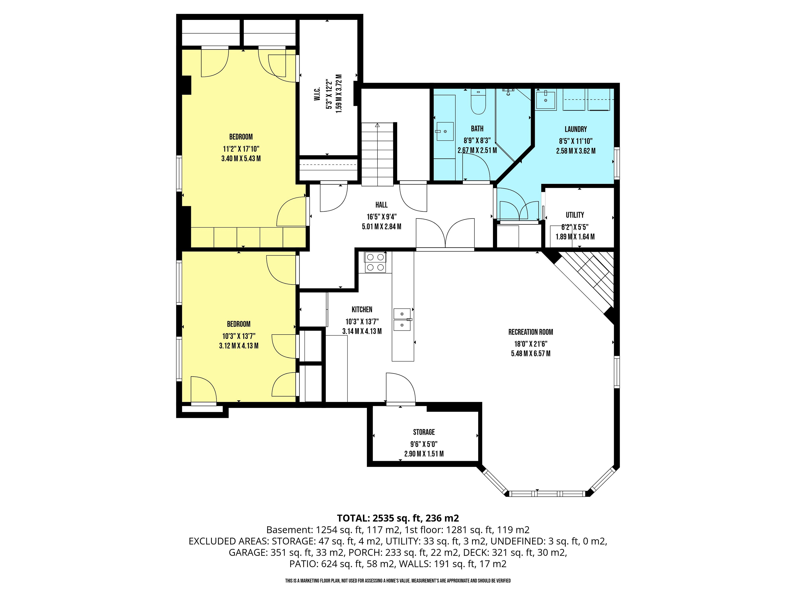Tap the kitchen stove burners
[375, 262]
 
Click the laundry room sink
[546, 100]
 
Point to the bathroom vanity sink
[445, 131]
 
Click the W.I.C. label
[317, 93]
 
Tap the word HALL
[381, 205]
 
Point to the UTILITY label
[575, 215]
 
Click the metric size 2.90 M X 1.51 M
[424, 454]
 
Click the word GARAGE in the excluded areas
[248, 552]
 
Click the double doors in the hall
[445, 234]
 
